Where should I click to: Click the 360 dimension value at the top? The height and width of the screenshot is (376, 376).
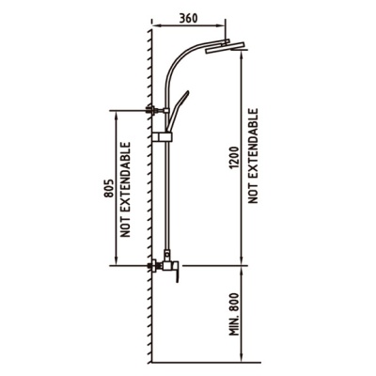[188, 19]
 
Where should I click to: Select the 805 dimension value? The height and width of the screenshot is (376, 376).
[108, 188]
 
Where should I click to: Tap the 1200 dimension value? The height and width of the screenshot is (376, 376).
[235, 158]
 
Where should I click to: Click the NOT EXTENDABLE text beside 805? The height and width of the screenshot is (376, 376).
[126, 190]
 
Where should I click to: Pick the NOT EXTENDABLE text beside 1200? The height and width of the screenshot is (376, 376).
[253, 156]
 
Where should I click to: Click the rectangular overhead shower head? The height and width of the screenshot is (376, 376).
[225, 48]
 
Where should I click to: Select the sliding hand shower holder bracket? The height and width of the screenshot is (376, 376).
[162, 137]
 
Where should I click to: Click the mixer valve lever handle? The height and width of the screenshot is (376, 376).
[177, 272]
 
